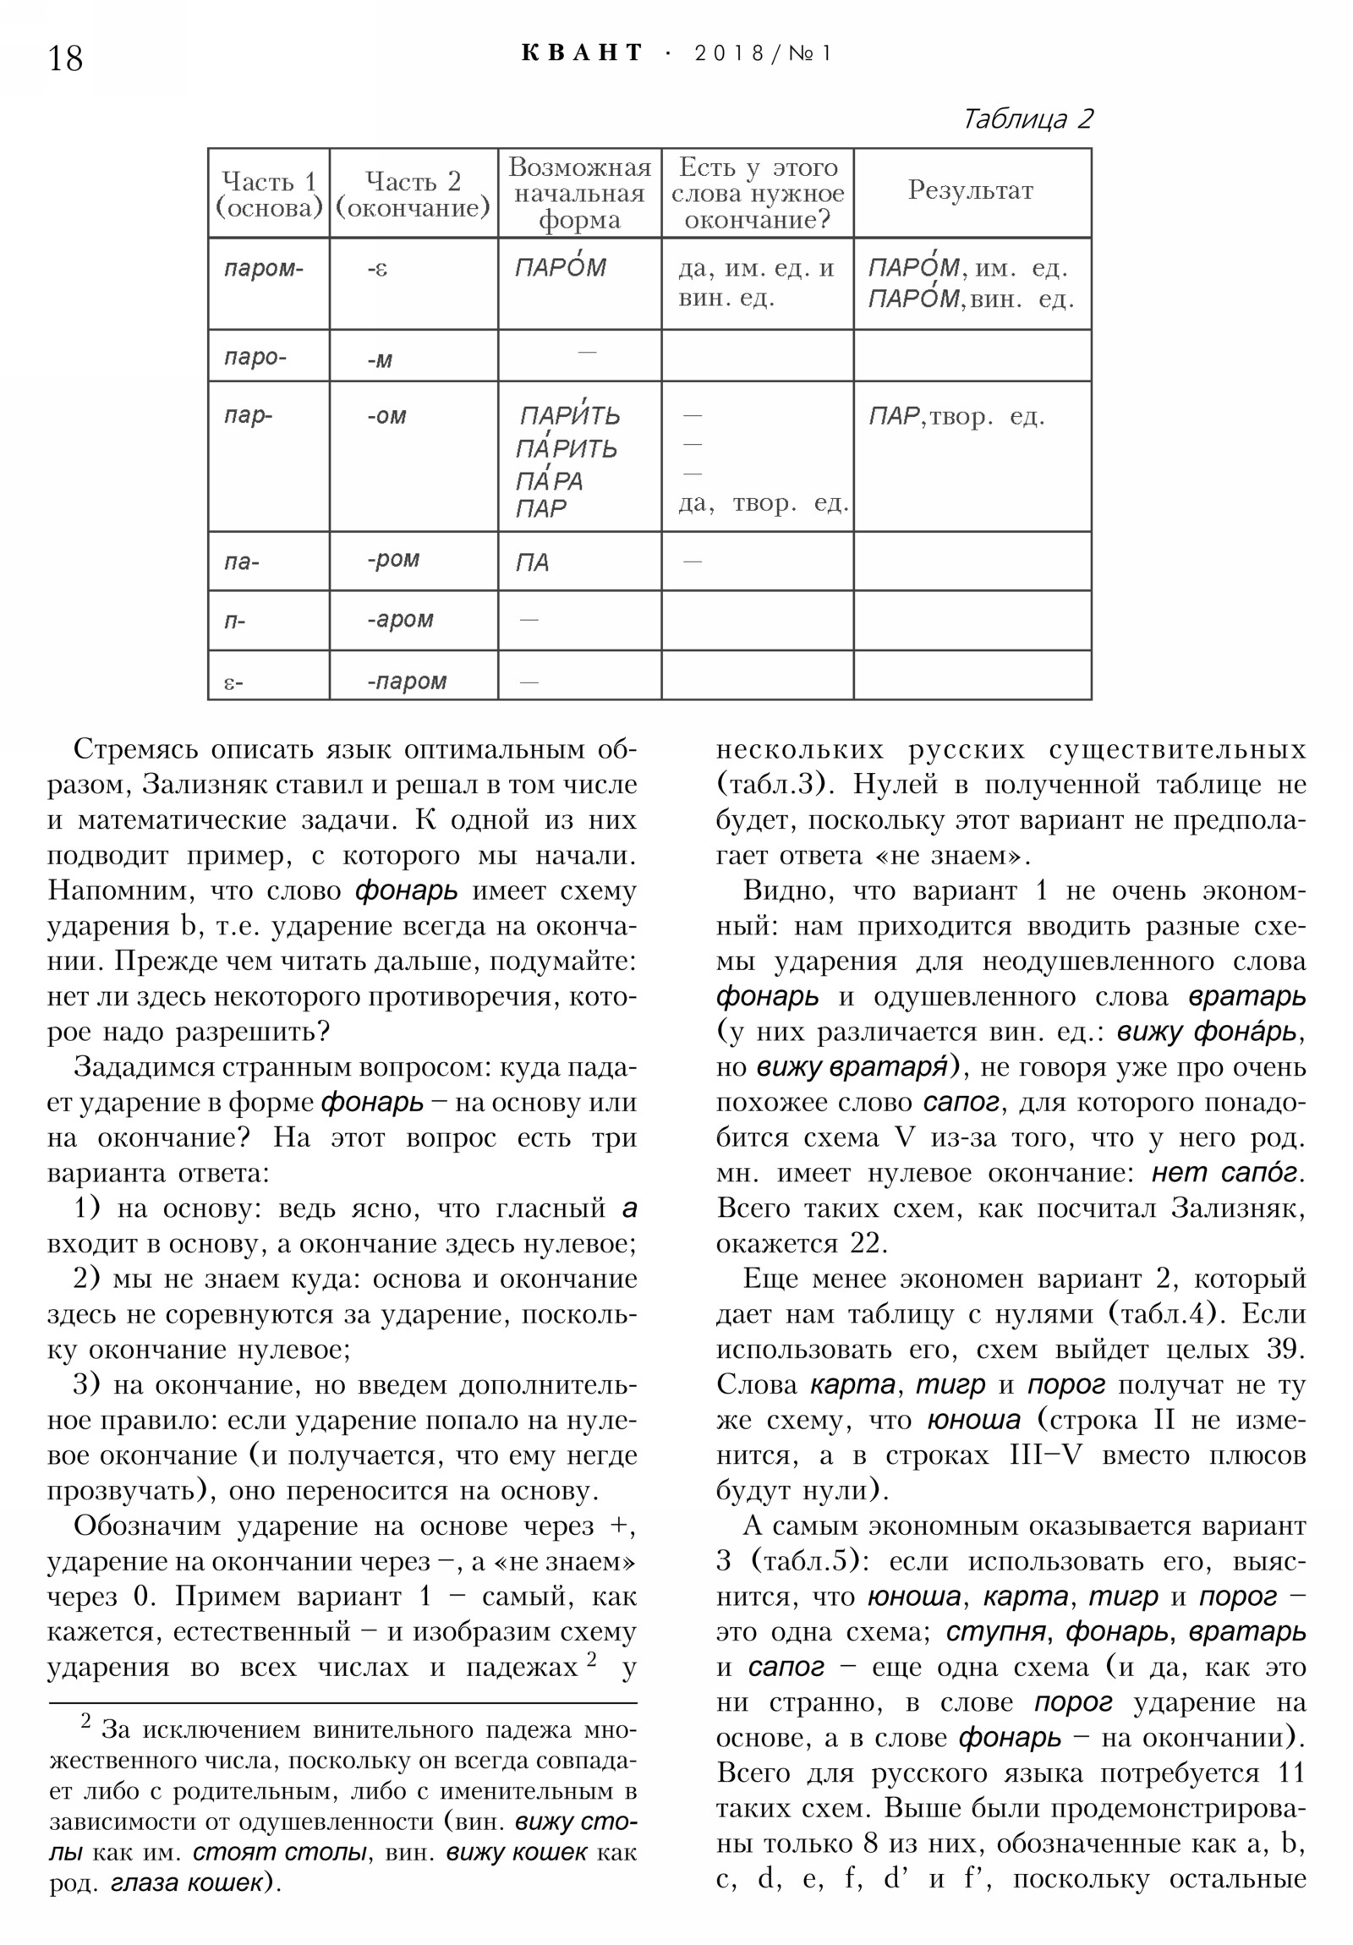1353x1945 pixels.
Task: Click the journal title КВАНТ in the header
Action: [x=582, y=53]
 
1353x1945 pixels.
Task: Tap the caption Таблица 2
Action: [x=1027, y=118]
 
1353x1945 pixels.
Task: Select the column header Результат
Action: [x=971, y=190]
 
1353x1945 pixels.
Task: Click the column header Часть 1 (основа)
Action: [x=269, y=194]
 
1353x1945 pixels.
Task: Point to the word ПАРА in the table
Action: [x=549, y=481]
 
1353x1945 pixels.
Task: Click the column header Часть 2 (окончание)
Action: [x=413, y=194]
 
